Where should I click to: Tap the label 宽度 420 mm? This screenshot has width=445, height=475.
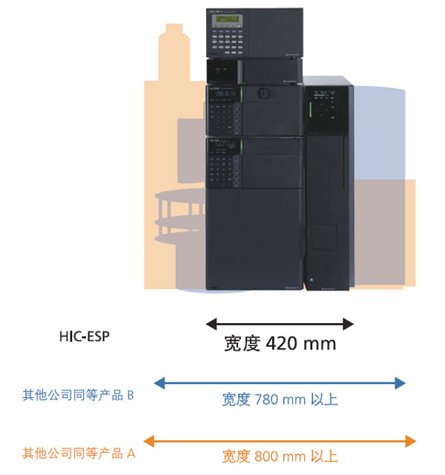(x=280, y=344)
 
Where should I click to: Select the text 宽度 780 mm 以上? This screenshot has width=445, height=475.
(x=280, y=400)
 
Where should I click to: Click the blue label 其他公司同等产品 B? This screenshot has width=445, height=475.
(x=79, y=395)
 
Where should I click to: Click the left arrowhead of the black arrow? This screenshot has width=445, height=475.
(x=211, y=324)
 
